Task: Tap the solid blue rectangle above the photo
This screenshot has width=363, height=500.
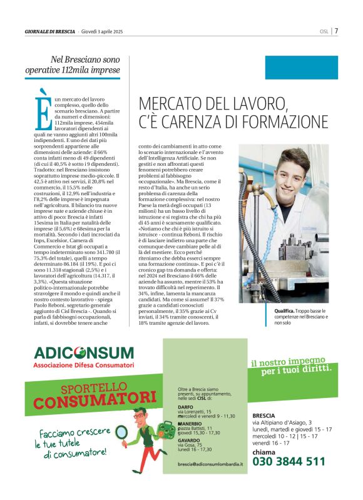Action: [x=301, y=67]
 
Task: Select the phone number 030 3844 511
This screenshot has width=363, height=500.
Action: [x=289, y=462]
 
